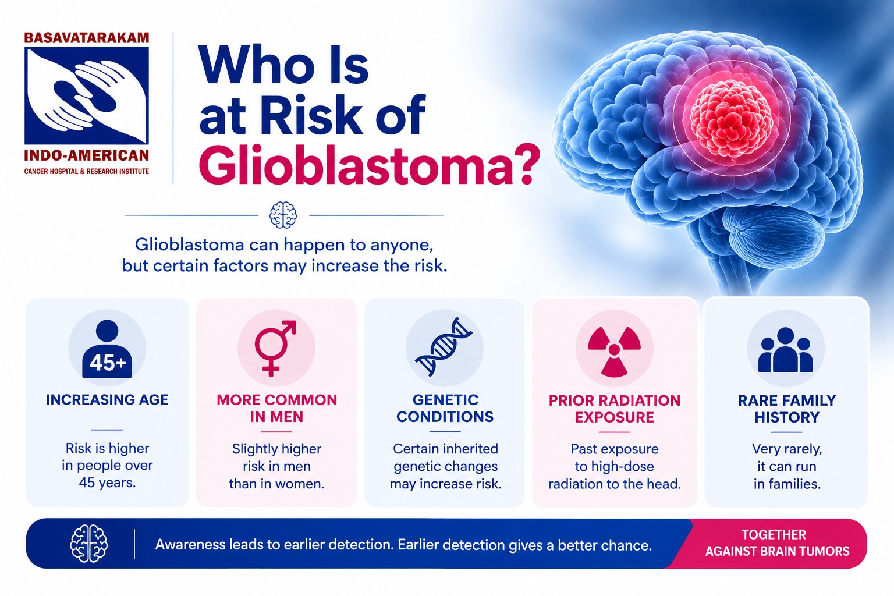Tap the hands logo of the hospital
click(x=87, y=95)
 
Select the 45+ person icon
click(x=107, y=349)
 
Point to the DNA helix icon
click(x=444, y=346)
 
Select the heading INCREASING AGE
click(x=107, y=400)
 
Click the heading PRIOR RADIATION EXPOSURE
click(x=614, y=409)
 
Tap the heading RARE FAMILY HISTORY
click(x=787, y=409)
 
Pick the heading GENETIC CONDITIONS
click(x=445, y=409)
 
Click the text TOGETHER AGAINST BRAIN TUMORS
click(x=777, y=543)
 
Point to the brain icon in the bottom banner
click(x=88, y=544)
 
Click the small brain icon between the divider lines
click(x=283, y=215)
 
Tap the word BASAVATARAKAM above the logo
click(x=87, y=38)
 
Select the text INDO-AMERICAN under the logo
click(x=87, y=155)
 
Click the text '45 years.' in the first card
click(x=107, y=483)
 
